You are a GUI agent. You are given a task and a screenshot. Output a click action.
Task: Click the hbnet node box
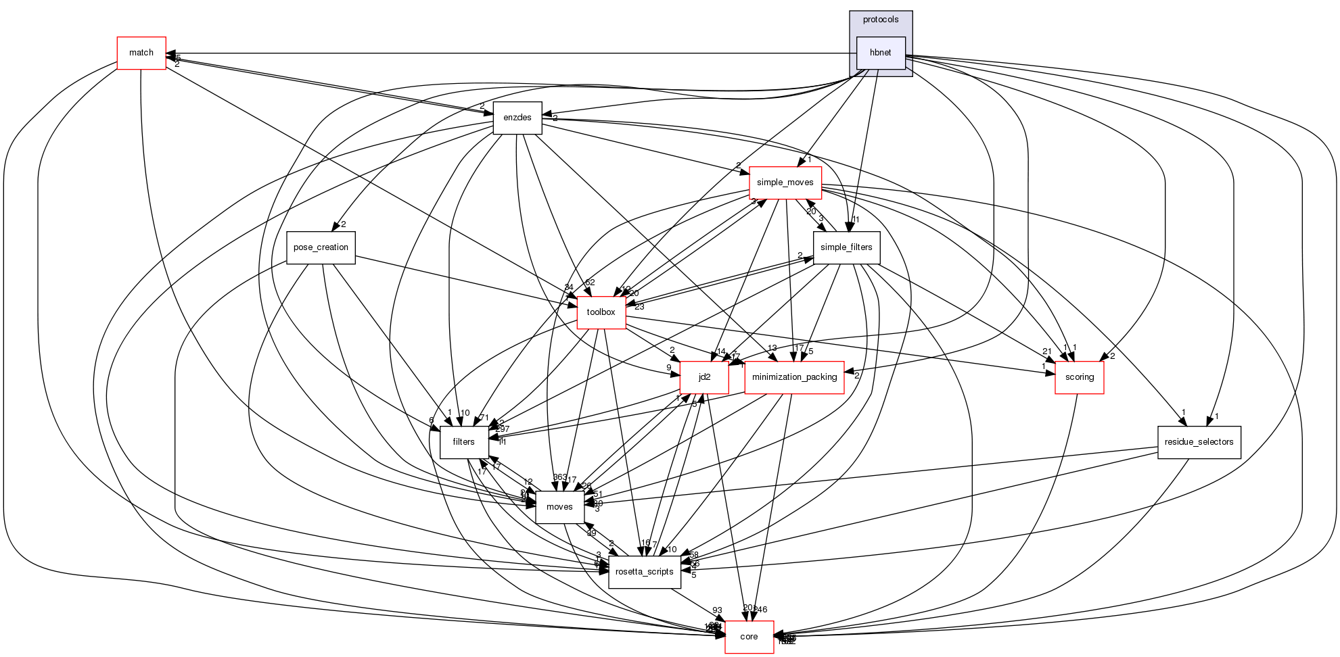point(881,53)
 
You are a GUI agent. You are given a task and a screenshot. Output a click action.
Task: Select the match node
point(141,53)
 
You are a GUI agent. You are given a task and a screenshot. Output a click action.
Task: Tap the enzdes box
point(517,118)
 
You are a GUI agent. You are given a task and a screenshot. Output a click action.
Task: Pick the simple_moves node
point(785,182)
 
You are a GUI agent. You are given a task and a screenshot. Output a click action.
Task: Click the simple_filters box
point(846,247)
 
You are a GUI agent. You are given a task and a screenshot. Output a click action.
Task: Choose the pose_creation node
point(321,247)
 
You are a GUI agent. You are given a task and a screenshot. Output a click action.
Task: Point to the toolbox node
point(601,312)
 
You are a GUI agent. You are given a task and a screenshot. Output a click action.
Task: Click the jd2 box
point(704,377)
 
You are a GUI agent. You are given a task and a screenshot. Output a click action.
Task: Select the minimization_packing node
point(794,377)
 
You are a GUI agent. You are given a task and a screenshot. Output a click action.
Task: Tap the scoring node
point(1079,377)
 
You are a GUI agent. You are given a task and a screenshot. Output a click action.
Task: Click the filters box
point(464,442)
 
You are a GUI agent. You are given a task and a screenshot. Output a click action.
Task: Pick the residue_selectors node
point(1199,442)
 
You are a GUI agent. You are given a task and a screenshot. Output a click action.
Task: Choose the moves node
point(559,507)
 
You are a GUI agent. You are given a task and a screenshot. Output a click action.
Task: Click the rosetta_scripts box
point(644,572)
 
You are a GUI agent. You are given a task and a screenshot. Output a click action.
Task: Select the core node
point(749,637)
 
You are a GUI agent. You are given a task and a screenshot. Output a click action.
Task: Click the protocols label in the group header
point(881,20)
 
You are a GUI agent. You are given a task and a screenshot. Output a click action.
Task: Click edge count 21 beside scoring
point(1047,351)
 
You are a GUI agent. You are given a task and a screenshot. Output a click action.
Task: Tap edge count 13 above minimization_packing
point(772,348)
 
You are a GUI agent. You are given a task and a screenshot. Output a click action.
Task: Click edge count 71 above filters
point(484,418)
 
